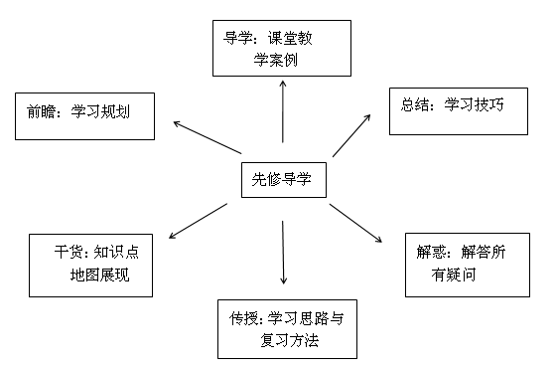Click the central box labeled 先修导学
click(x=282, y=179)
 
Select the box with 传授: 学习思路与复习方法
click(x=285, y=329)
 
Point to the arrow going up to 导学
click(x=283, y=114)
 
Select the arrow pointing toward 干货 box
click(x=198, y=220)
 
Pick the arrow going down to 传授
click(x=284, y=253)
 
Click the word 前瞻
click(x=42, y=110)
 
